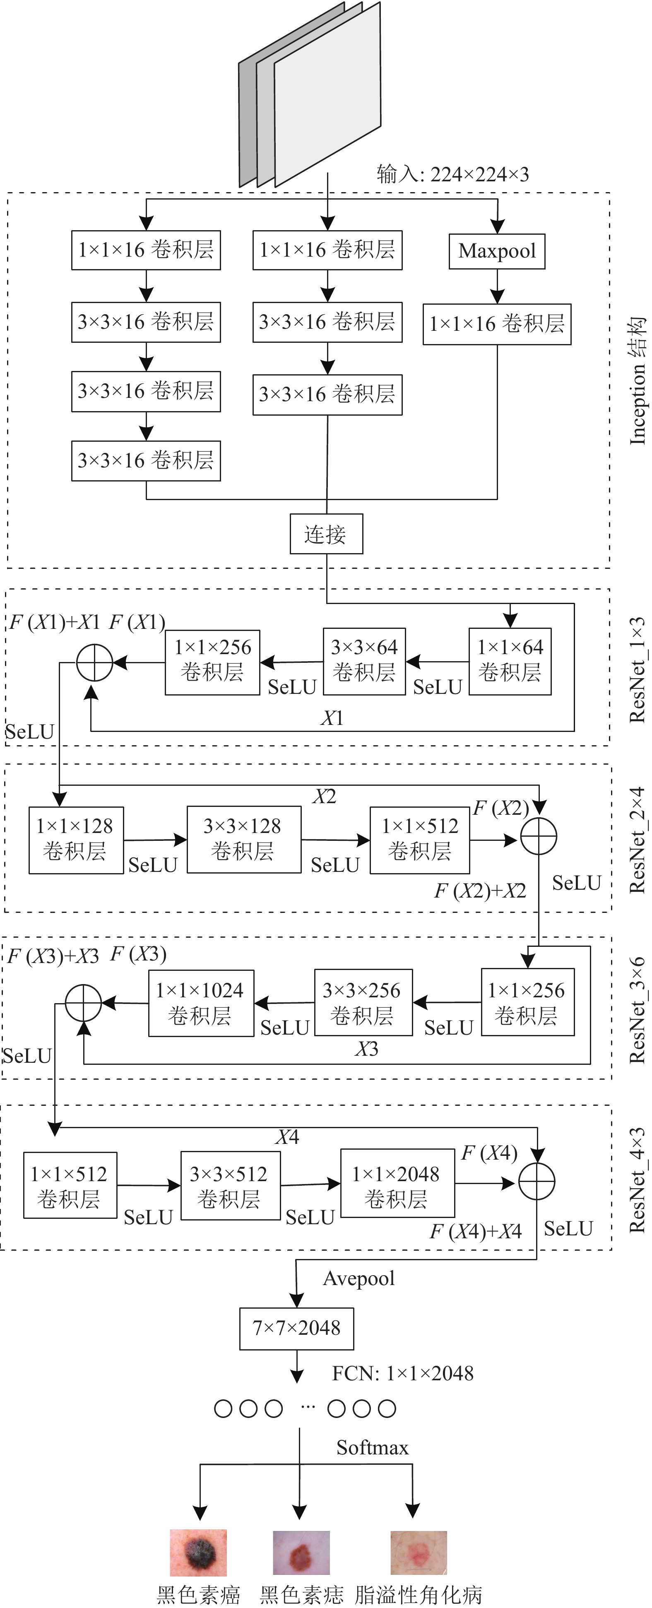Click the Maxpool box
(497, 251)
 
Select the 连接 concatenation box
(326, 534)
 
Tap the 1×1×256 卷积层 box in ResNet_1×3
(212, 661)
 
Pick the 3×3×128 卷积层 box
(244, 840)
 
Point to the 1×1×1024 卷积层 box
(201, 1003)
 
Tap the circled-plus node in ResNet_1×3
(95, 662)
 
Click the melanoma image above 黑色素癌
(198, 1553)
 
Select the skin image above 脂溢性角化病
(419, 1553)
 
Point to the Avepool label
(359, 1279)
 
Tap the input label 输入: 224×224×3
(453, 174)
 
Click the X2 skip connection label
(325, 797)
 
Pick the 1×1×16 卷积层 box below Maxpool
(497, 324)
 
